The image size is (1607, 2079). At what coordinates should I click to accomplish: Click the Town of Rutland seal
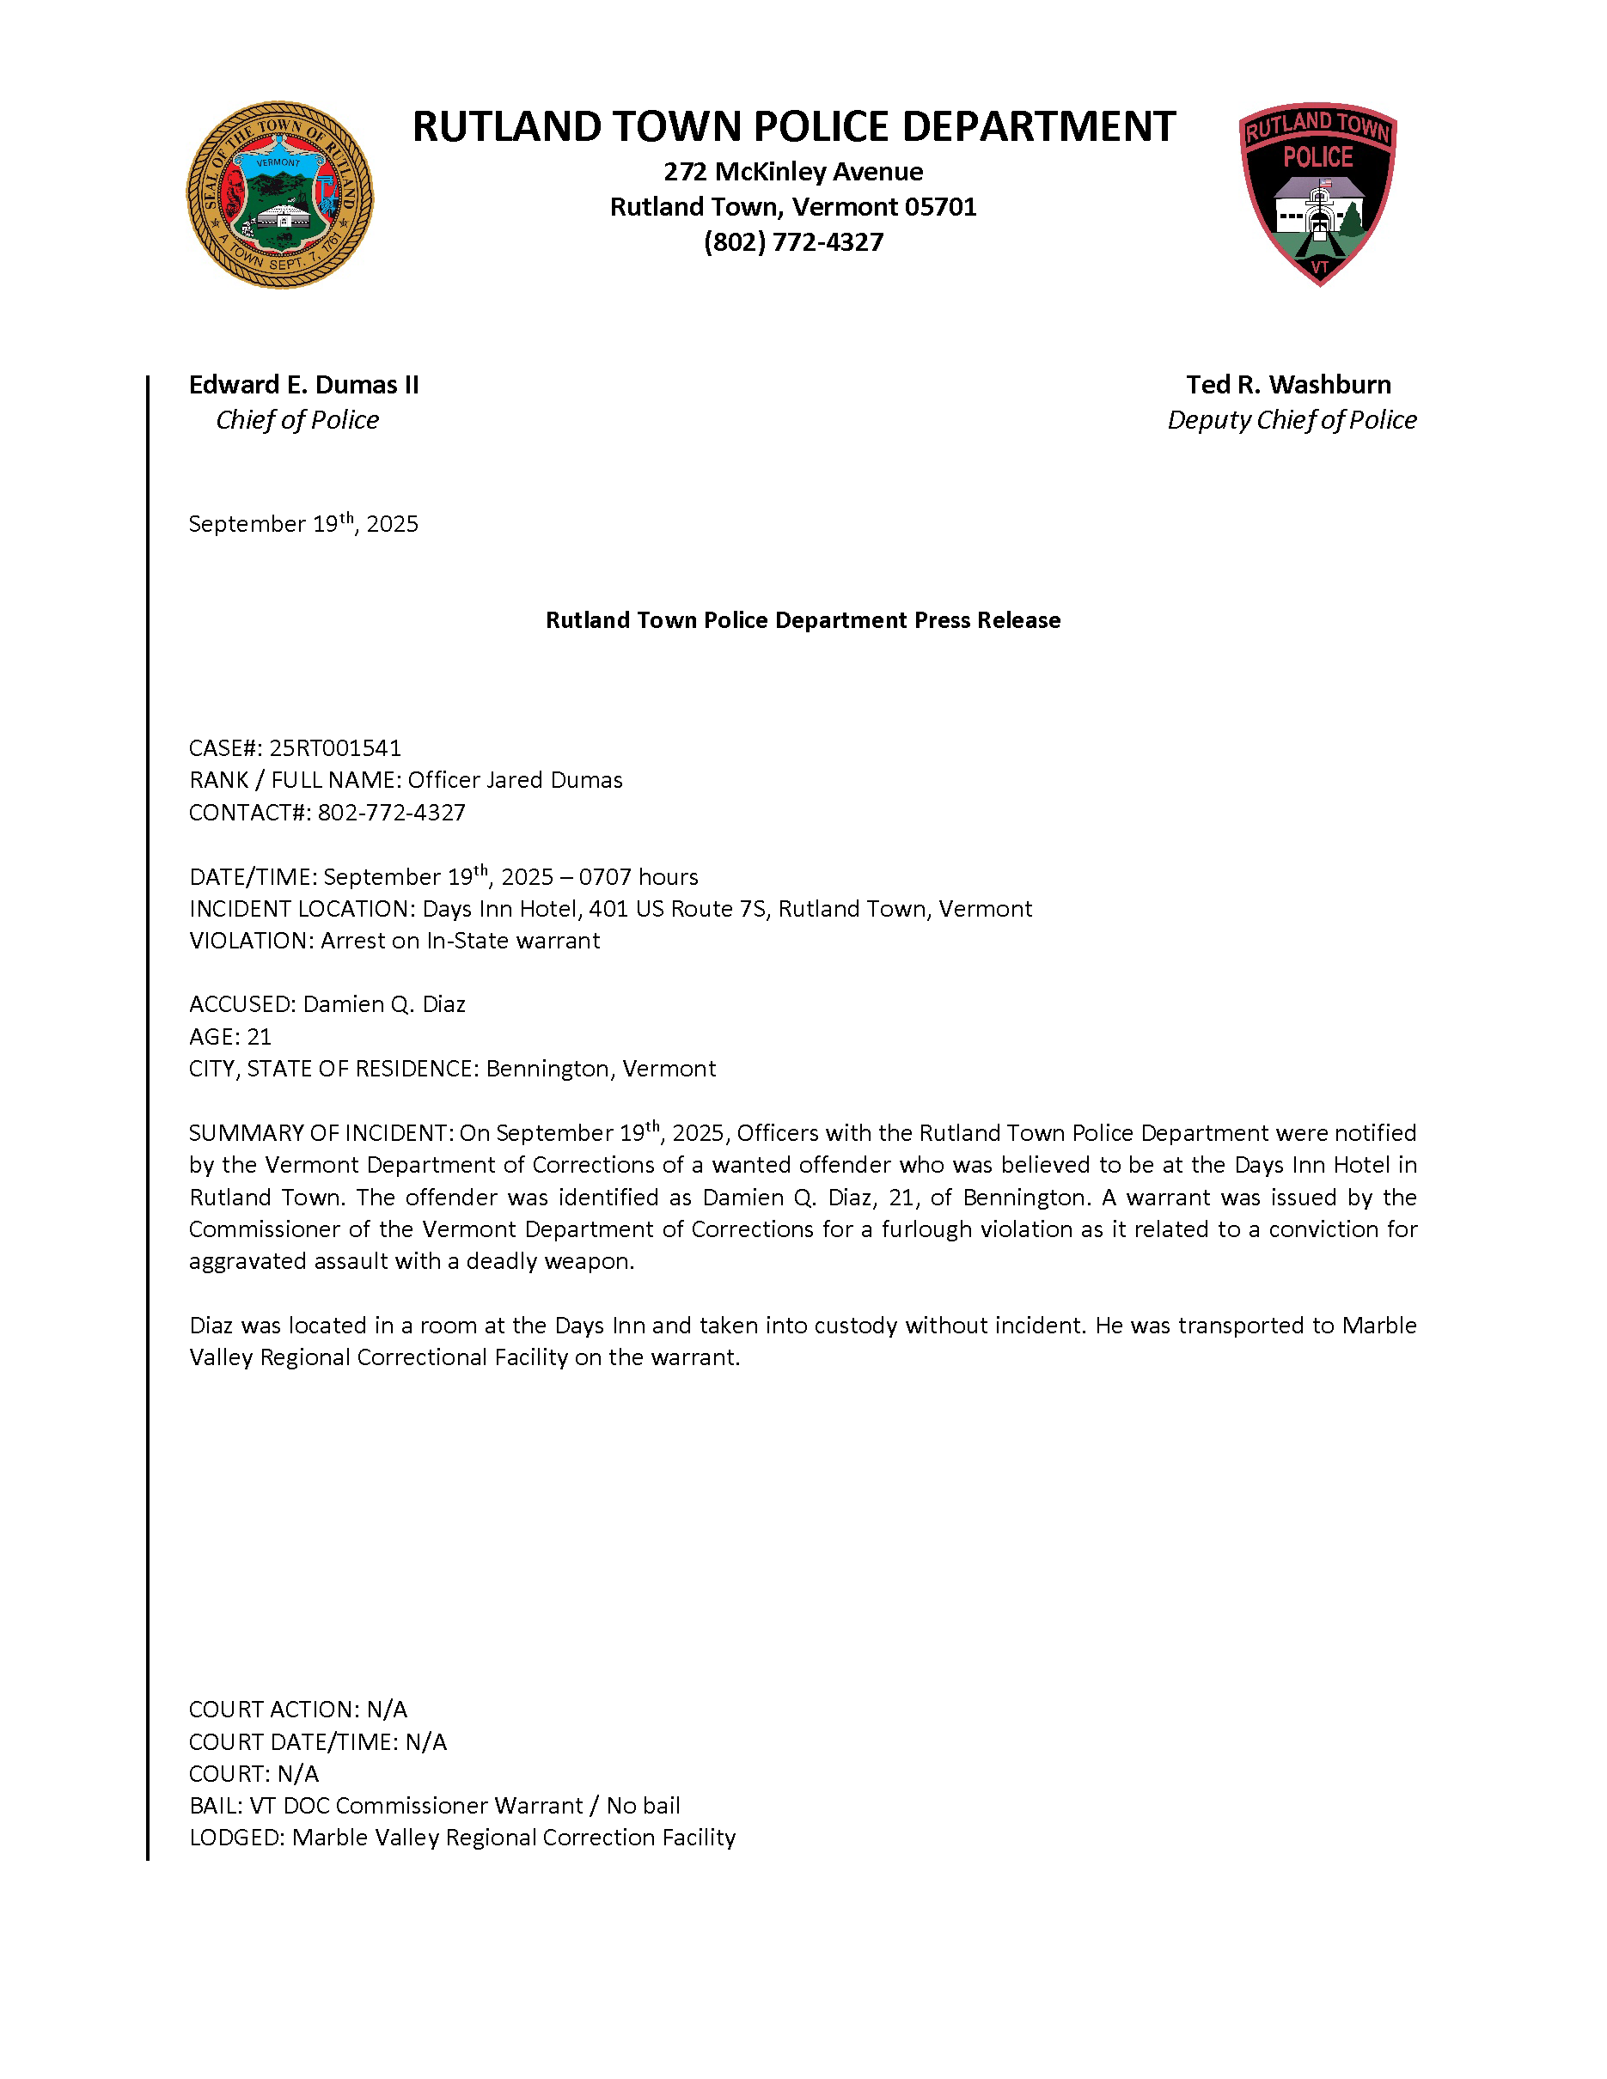point(279,195)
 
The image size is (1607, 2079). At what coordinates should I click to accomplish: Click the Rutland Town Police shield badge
point(1317,194)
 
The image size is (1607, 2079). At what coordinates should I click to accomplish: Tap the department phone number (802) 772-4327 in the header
point(793,241)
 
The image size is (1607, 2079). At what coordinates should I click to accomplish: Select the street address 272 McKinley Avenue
point(793,171)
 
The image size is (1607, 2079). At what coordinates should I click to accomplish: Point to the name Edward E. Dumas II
point(302,385)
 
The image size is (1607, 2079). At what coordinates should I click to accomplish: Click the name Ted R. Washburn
point(1288,385)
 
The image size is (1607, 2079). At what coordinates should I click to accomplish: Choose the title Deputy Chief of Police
point(1291,420)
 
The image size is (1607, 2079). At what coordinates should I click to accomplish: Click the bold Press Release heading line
point(803,620)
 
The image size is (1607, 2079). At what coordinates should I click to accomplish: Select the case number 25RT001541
point(335,748)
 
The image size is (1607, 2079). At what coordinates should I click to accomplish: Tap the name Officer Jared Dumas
point(515,781)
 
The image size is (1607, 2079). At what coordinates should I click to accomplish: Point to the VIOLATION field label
point(250,942)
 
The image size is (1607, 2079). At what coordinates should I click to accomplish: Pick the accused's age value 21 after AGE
point(259,1037)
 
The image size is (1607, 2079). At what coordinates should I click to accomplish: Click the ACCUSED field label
point(241,1004)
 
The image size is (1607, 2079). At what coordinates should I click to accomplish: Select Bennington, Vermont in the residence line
point(601,1069)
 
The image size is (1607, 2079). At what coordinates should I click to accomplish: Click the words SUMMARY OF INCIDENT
point(319,1134)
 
